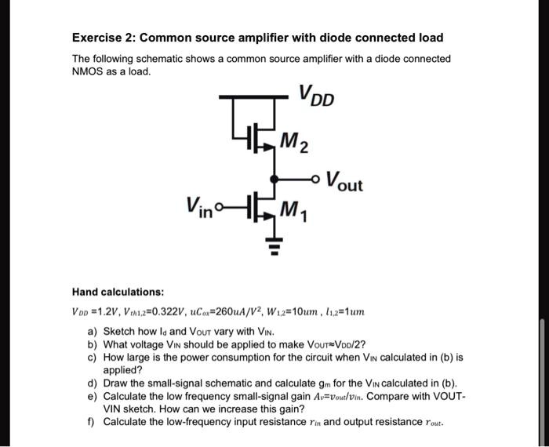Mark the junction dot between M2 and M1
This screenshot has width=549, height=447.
tap(274, 176)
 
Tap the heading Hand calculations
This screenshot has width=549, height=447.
tap(119, 292)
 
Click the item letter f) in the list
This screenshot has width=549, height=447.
tap(92, 422)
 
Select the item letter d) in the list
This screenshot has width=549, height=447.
tap(93, 383)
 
